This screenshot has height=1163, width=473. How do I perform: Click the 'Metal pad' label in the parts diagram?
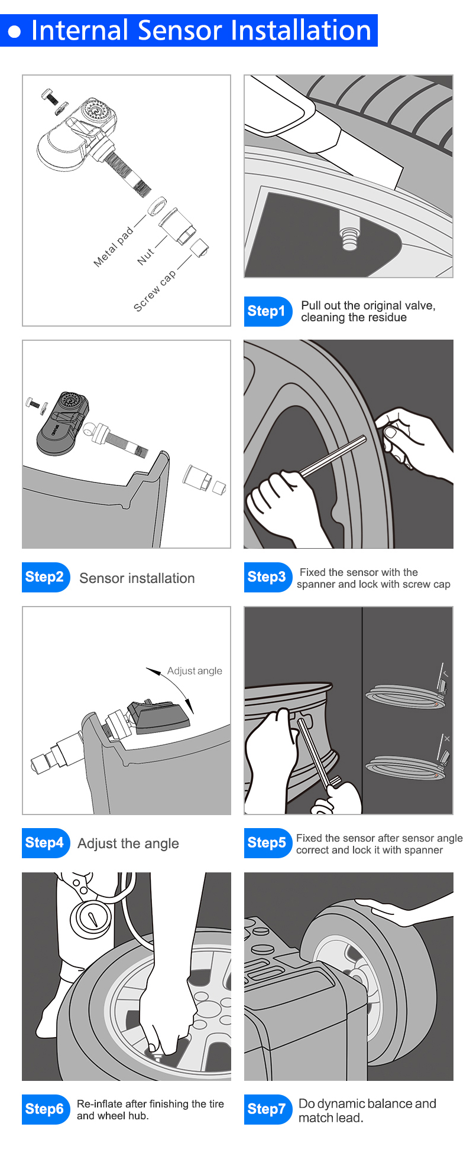(114, 247)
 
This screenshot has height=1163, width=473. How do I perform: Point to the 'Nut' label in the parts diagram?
(145, 256)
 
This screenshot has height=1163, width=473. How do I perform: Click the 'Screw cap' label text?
(154, 291)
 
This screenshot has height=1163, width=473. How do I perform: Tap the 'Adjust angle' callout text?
(195, 671)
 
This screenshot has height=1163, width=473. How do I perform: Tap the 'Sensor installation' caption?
(137, 578)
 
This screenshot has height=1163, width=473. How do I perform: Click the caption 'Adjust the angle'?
(128, 843)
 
